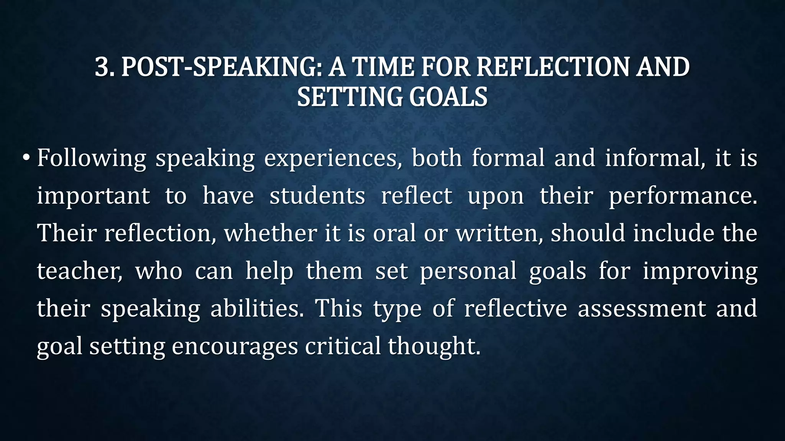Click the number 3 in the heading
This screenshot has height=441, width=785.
(x=102, y=67)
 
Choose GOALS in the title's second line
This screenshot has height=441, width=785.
(x=448, y=97)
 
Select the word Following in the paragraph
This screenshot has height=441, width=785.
(x=91, y=158)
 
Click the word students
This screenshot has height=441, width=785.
(x=317, y=196)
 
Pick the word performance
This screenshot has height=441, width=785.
(x=683, y=196)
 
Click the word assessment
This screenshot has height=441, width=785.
(x=642, y=308)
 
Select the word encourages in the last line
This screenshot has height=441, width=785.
(x=235, y=346)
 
